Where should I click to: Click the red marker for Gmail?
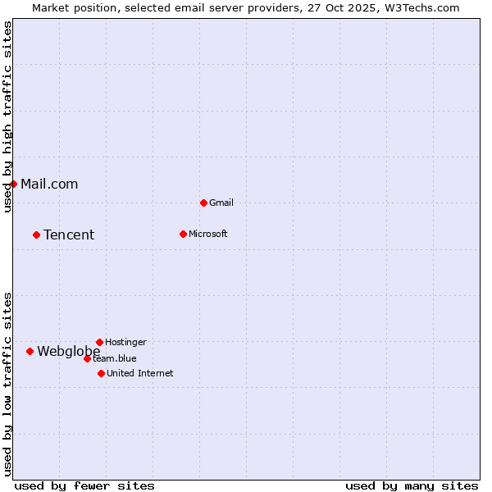coord(203,203)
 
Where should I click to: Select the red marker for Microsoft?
coord(183,234)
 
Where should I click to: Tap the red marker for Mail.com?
coord(14,184)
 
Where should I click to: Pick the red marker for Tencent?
coord(36,235)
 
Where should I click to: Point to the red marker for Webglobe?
coord(30,351)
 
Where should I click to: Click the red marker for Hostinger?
coord(99,342)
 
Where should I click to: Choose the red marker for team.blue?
coord(87,358)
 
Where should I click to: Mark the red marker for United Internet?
coord(101,373)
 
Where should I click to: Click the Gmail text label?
coord(221,203)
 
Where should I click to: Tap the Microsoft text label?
coord(208,234)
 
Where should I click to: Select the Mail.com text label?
coord(49,184)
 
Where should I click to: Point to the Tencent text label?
coord(69,235)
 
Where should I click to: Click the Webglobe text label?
coord(69,351)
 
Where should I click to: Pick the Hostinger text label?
coord(126,342)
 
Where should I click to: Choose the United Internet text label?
coord(140,373)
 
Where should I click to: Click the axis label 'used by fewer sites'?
coord(84,485)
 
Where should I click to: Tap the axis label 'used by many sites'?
coord(412,485)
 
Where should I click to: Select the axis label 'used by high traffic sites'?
coord(7,116)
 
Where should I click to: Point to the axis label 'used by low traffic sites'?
coord(7,384)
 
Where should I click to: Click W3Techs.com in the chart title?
coord(422,7)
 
